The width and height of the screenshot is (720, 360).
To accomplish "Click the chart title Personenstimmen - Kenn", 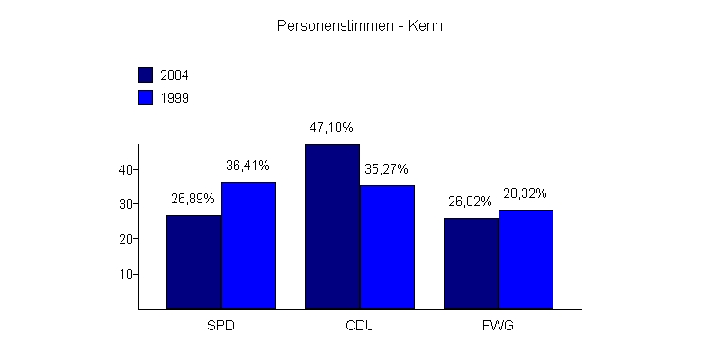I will click(359, 26).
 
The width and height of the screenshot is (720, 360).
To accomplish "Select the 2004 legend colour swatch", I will click(145, 75).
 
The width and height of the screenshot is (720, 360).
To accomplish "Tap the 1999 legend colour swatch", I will click(145, 97).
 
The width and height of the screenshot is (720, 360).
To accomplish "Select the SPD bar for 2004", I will click(193, 262).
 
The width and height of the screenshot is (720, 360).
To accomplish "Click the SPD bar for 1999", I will click(248, 245).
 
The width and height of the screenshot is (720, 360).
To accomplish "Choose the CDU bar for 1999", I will click(387, 247).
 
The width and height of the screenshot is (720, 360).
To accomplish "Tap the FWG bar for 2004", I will click(471, 263).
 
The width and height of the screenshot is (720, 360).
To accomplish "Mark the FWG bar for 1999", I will click(526, 259).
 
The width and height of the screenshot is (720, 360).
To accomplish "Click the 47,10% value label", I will click(331, 128).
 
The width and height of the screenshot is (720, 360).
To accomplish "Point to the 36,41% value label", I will click(247, 166).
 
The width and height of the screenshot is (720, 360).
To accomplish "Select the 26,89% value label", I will click(193, 199).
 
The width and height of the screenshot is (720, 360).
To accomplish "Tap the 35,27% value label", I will click(386, 168).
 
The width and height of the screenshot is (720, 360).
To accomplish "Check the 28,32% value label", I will click(525, 193).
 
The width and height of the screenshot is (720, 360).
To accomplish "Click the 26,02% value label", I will click(470, 202).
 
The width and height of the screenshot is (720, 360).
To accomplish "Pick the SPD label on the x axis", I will click(220, 325).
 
